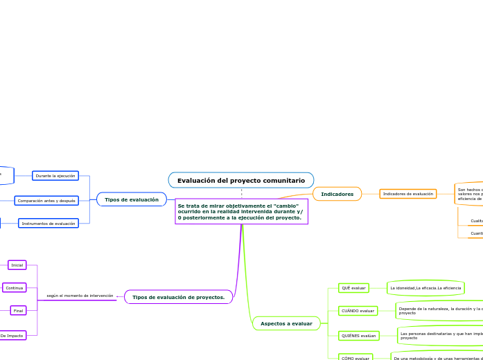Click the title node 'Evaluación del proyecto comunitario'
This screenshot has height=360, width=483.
pyautogui.click(x=240, y=180)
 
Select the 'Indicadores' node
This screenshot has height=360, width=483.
pyautogui.click(x=337, y=194)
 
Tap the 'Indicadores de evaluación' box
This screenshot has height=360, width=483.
pyautogui.click(x=407, y=194)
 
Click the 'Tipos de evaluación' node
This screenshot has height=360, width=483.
pyautogui.click(x=131, y=199)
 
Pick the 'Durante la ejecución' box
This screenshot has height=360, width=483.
pyautogui.click(x=55, y=176)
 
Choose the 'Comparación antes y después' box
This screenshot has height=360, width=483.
pyautogui.click(x=46, y=201)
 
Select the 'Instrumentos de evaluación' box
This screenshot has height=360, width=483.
pyautogui.click(x=48, y=224)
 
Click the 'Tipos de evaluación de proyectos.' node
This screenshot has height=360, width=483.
pyautogui.click(x=178, y=297)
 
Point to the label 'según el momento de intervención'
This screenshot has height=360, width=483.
pyautogui.click(x=80, y=296)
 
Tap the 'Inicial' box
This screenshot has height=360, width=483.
pyautogui.click(x=17, y=265)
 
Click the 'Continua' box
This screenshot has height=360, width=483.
pyautogui.click(x=15, y=287)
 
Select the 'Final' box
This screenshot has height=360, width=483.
pyautogui.click(x=18, y=311)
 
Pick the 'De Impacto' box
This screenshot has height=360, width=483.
pyautogui.click(x=12, y=335)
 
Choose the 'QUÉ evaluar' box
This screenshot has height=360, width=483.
pyautogui.click(x=353, y=287)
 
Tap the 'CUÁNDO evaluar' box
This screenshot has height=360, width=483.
pyautogui.click(x=358, y=311)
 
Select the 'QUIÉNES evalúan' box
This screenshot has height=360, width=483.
pyautogui.click(x=358, y=335)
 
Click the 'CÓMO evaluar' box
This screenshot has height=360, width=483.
pyautogui.click(x=355, y=358)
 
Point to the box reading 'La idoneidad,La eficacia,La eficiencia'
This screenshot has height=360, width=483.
pyautogui.click(x=425, y=287)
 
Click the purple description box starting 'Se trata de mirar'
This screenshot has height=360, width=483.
pyautogui.click(x=241, y=212)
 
